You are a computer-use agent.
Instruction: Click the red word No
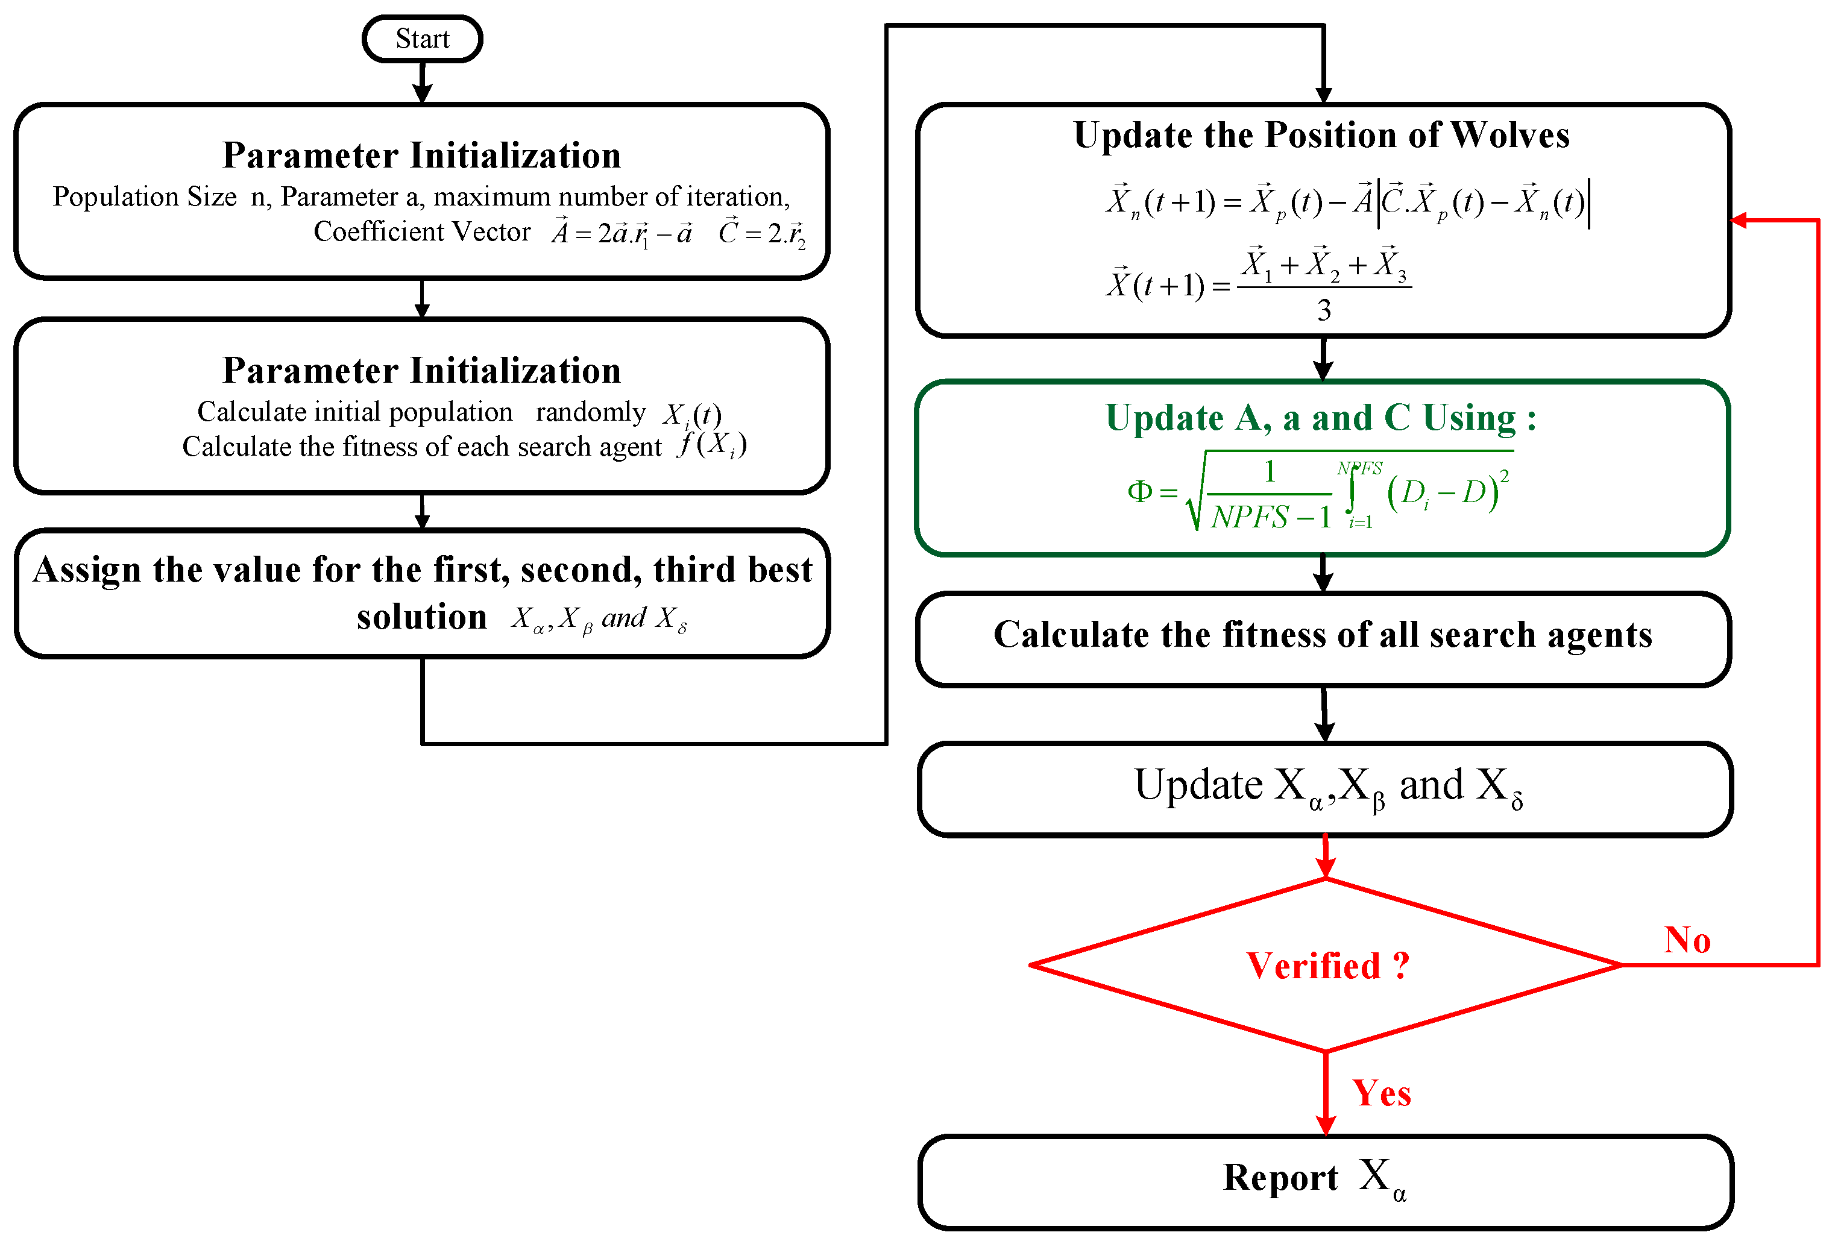coord(1687,940)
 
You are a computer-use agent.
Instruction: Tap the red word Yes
coord(1381,1093)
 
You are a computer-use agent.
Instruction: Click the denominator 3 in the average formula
coord(1324,310)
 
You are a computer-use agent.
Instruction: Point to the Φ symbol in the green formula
coord(1139,491)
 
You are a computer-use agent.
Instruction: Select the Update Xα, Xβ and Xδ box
coord(1325,788)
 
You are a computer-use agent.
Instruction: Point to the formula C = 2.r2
coord(762,233)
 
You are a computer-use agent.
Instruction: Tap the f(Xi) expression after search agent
coord(711,445)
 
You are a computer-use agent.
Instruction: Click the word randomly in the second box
coord(591,412)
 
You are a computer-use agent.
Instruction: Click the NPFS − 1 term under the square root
coord(1270,517)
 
